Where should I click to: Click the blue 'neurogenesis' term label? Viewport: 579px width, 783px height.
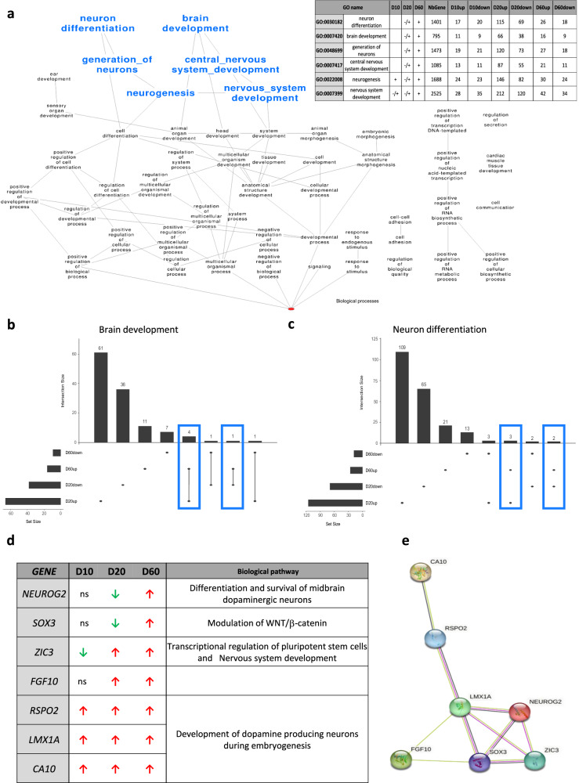[x=161, y=93]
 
